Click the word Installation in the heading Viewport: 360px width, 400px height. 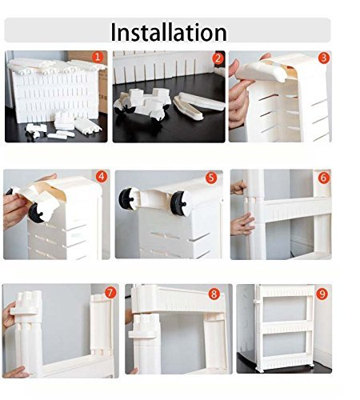tap(169, 32)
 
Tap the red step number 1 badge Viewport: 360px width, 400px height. tap(98, 57)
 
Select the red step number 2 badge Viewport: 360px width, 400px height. tap(218, 58)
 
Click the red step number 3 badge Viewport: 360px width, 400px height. tap(324, 58)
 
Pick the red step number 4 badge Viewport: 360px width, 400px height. tap(102, 177)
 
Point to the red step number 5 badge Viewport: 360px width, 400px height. tap(211, 178)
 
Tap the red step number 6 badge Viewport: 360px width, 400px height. tap(324, 178)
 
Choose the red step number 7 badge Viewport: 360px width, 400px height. tap(110, 293)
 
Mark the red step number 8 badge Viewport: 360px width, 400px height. tap(214, 294)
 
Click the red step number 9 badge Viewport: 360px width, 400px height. tap(322, 294)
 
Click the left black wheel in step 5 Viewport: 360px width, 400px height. tap(126, 199)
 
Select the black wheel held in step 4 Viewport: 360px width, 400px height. tap(37, 213)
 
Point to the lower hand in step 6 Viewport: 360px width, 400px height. tap(242, 224)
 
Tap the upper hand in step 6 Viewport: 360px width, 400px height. tap(238, 187)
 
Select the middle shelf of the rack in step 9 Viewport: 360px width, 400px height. tap(286, 327)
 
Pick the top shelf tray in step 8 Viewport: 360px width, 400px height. tap(178, 298)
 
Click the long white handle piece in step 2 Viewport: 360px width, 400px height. tap(202, 102)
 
